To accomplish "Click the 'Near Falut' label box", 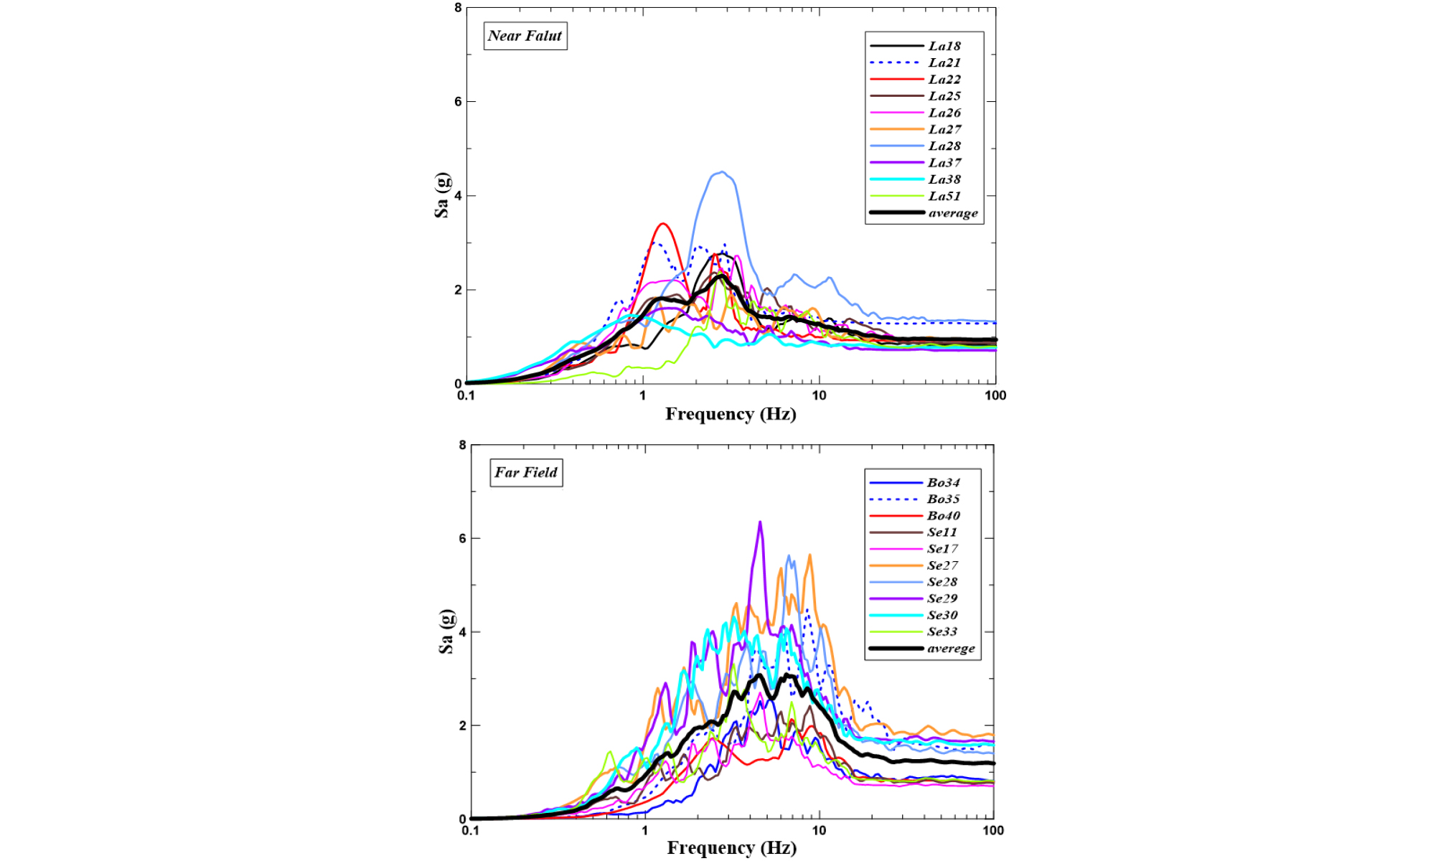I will (x=525, y=36).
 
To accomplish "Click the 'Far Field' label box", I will (x=526, y=472).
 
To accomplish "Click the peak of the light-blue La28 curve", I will (x=722, y=172).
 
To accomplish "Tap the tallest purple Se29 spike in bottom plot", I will (x=760, y=522).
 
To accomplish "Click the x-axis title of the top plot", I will (x=731, y=414).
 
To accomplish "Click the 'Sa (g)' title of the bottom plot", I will (x=446, y=632).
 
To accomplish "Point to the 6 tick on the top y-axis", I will (x=458, y=102).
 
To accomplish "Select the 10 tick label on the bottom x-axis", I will (x=819, y=830).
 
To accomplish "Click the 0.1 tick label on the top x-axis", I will (x=466, y=395).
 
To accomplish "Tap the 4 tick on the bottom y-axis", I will (x=462, y=632).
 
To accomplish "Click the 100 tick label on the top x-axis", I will (x=995, y=395).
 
